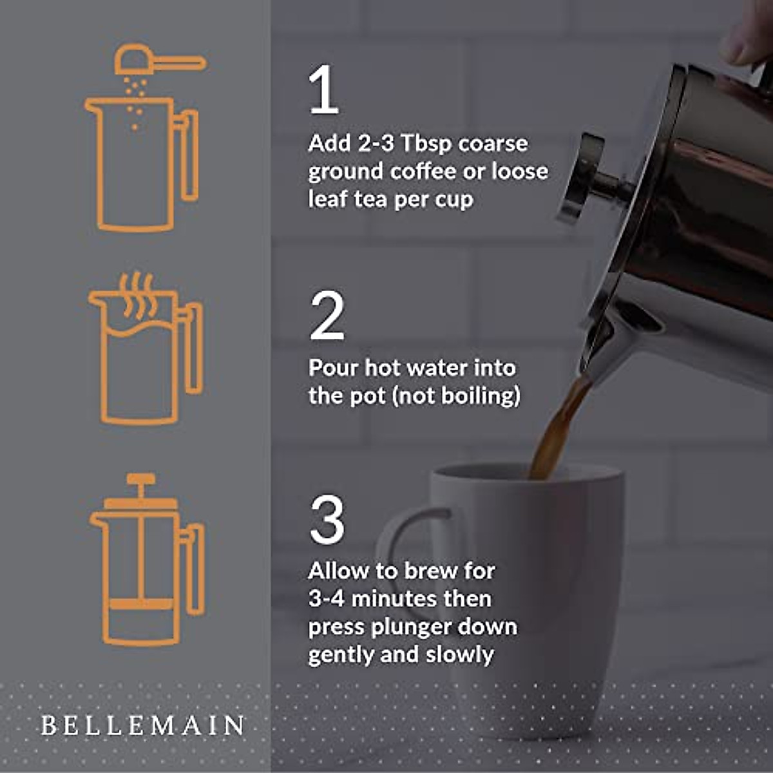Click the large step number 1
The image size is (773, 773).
click(324, 91)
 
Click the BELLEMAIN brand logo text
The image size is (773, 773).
click(142, 725)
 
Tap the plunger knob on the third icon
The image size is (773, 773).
click(140, 480)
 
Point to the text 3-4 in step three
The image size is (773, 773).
click(327, 599)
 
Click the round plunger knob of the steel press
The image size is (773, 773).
click(583, 177)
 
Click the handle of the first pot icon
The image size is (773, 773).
click(187, 155)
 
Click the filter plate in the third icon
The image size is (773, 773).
click(140, 604)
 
